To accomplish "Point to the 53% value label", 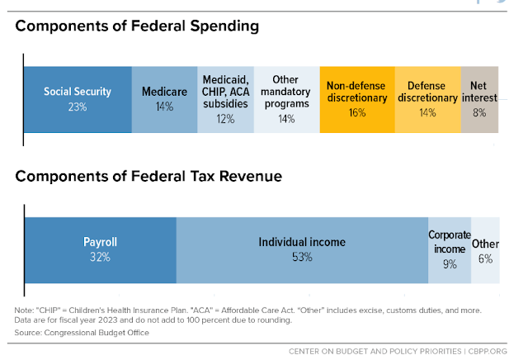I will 302,257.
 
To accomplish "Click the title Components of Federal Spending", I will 137,26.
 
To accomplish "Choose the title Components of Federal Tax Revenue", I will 149,175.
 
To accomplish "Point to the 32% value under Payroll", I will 100,257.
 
